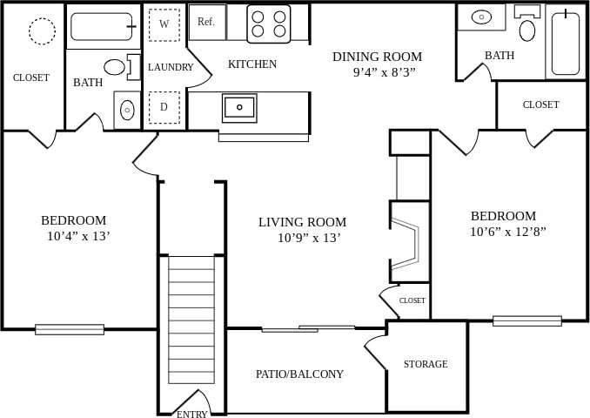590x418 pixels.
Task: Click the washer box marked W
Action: coord(164,24)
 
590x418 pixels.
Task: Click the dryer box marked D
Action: coord(164,107)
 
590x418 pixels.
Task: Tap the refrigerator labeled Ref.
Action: coord(207,22)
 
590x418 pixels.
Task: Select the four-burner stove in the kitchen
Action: coord(269,24)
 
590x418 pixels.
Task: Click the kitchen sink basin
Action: coord(239,107)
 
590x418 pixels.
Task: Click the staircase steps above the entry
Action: coord(191,319)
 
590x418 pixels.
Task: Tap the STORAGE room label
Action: coord(426,364)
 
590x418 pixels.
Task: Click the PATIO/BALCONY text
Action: coord(299,374)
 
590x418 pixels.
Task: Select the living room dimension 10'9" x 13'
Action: coord(309,238)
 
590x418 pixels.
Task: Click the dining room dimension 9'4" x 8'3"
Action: coord(385,72)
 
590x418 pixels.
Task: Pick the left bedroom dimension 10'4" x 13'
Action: coord(78,236)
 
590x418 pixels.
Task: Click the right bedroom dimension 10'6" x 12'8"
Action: coord(508,232)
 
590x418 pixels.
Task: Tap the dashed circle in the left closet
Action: coord(42,31)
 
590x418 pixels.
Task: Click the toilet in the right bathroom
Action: coord(527,30)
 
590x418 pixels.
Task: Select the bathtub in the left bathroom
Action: coord(102,26)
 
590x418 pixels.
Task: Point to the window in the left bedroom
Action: coord(70,329)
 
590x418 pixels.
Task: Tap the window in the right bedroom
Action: coord(527,320)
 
